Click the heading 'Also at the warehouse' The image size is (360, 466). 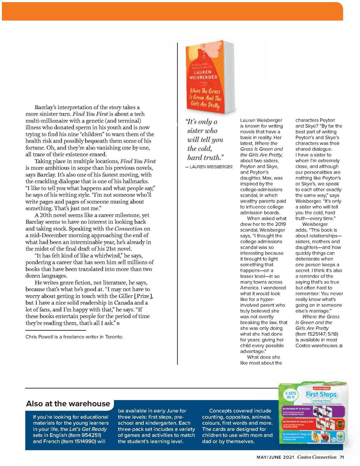coord(68,404)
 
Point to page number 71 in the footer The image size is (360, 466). coord(342,457)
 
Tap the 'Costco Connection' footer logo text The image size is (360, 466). coord(317,457)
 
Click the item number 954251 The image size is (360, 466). coord(90,435)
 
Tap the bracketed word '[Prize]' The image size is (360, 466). coord(143,296)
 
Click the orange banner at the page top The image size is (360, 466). coord(172,11)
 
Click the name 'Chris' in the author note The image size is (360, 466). coord(31,337)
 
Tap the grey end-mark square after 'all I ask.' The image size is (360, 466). coord(118,323)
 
